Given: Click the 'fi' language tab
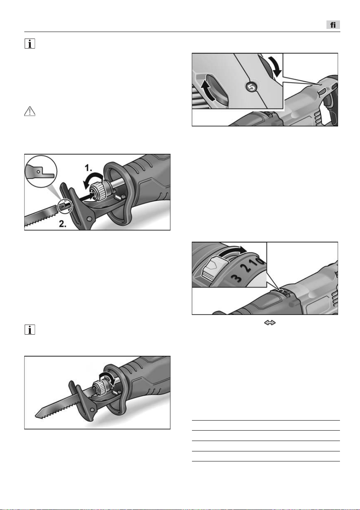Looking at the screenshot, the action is [333, 25].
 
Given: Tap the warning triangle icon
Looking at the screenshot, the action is [30, 111].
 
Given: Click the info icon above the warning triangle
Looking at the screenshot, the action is [30, 44].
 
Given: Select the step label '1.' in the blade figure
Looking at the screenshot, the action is [88, 168].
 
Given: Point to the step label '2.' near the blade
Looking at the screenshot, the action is [62, 224].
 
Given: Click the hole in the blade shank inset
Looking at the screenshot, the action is [39, 171].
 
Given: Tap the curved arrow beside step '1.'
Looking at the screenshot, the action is [93, 180].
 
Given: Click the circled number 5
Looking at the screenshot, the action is [251, 87].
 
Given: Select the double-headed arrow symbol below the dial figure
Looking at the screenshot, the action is [270, 323].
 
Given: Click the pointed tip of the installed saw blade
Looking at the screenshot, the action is [35, 416].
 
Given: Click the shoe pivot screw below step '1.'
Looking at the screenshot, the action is [89, 219].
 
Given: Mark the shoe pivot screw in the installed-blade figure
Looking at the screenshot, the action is [92, 410].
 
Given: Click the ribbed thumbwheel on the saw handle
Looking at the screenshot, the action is [322, 92].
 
